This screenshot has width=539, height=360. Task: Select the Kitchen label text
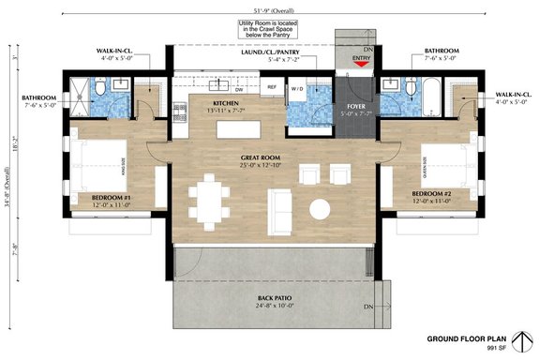(226, 105)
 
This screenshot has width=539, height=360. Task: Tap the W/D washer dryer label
(299, 89)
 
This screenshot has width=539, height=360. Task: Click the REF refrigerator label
(271, 87)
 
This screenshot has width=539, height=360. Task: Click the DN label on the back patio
(368, 307)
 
